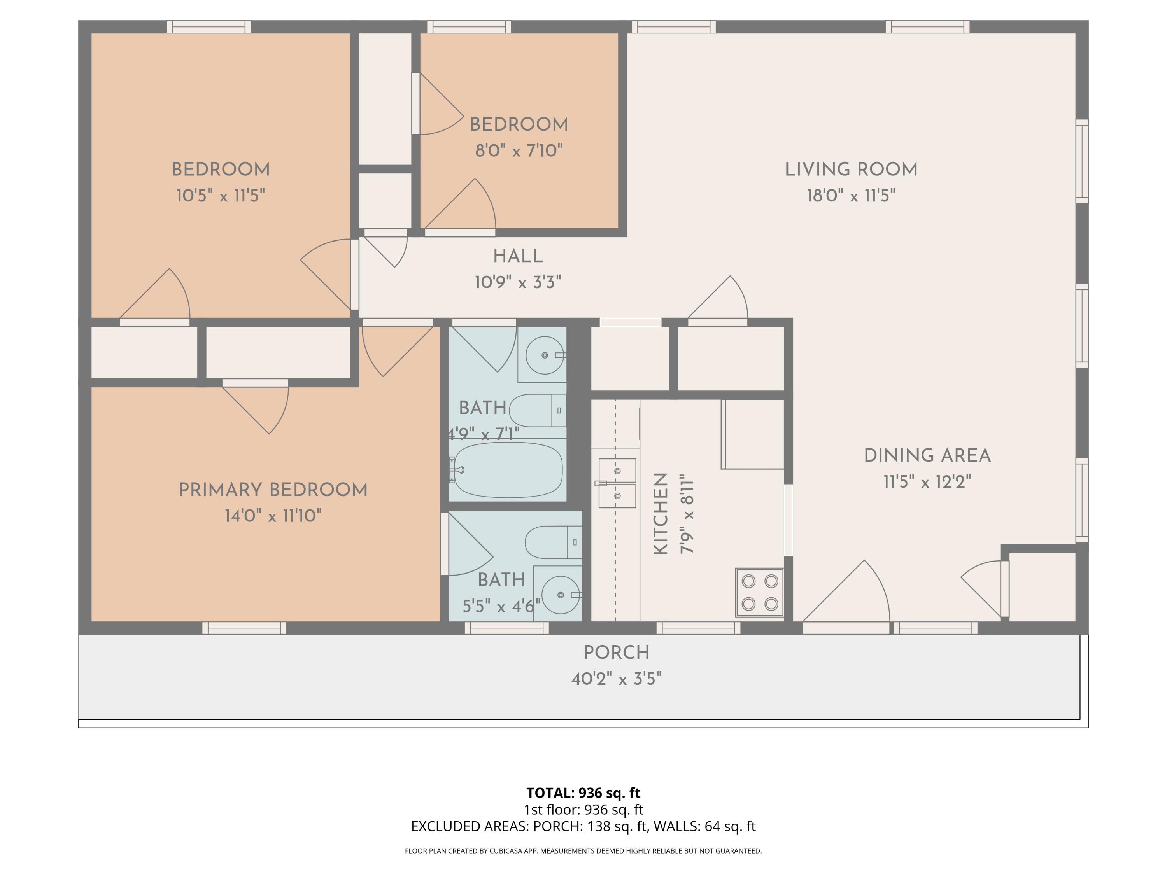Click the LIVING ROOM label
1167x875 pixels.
[x=850, y=169]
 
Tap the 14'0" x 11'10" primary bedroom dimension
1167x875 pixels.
[x=273, y=515]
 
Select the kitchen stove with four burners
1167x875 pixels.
[x=759, y=592]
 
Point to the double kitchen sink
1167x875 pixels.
[x=617, y=483]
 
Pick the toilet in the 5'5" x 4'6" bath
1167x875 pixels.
[x=553, y=542]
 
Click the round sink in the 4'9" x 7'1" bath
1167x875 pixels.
[x=545, y=355]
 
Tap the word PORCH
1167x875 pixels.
[x=616, y=653]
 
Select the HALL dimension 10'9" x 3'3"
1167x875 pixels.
[x=517, y=282]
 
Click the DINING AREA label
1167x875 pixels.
[x=927, y=455]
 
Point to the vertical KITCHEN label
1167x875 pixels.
[x=661, y=513]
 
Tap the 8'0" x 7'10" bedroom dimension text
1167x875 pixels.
[x=519, y=151]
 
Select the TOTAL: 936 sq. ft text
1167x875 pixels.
[x=583, y=793]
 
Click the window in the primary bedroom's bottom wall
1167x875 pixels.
[x=244, y=628]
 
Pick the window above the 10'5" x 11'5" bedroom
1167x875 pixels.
[x=209, y=26]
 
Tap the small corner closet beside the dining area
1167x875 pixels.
[x=1041, y=586]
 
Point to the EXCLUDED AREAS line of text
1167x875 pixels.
[x=583, y=826]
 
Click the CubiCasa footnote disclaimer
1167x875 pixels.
[x=583, y=851]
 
